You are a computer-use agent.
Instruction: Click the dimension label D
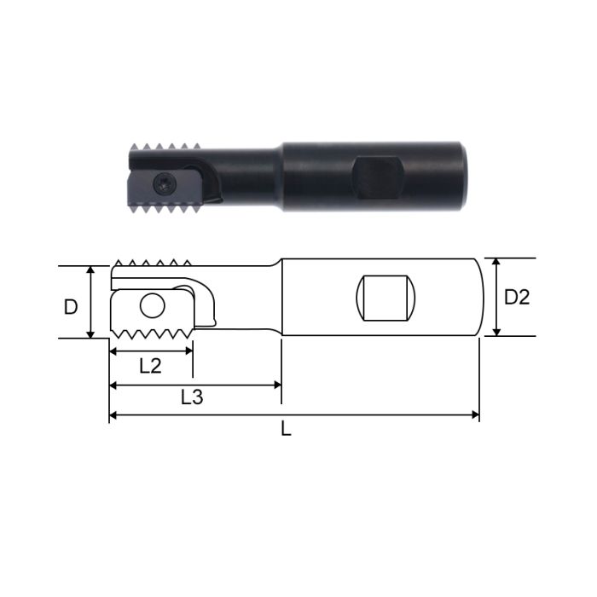[x=72, y=306]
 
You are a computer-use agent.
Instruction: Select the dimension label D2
[x=517, y=298]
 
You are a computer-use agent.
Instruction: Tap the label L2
[x=150, y=365]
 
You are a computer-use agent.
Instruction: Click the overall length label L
[x=287, y=429]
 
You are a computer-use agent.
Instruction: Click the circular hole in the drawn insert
[x=153, y=306]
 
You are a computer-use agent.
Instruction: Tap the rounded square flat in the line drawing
[x=385, y=298]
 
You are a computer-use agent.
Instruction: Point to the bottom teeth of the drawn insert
[x=154, y=331]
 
